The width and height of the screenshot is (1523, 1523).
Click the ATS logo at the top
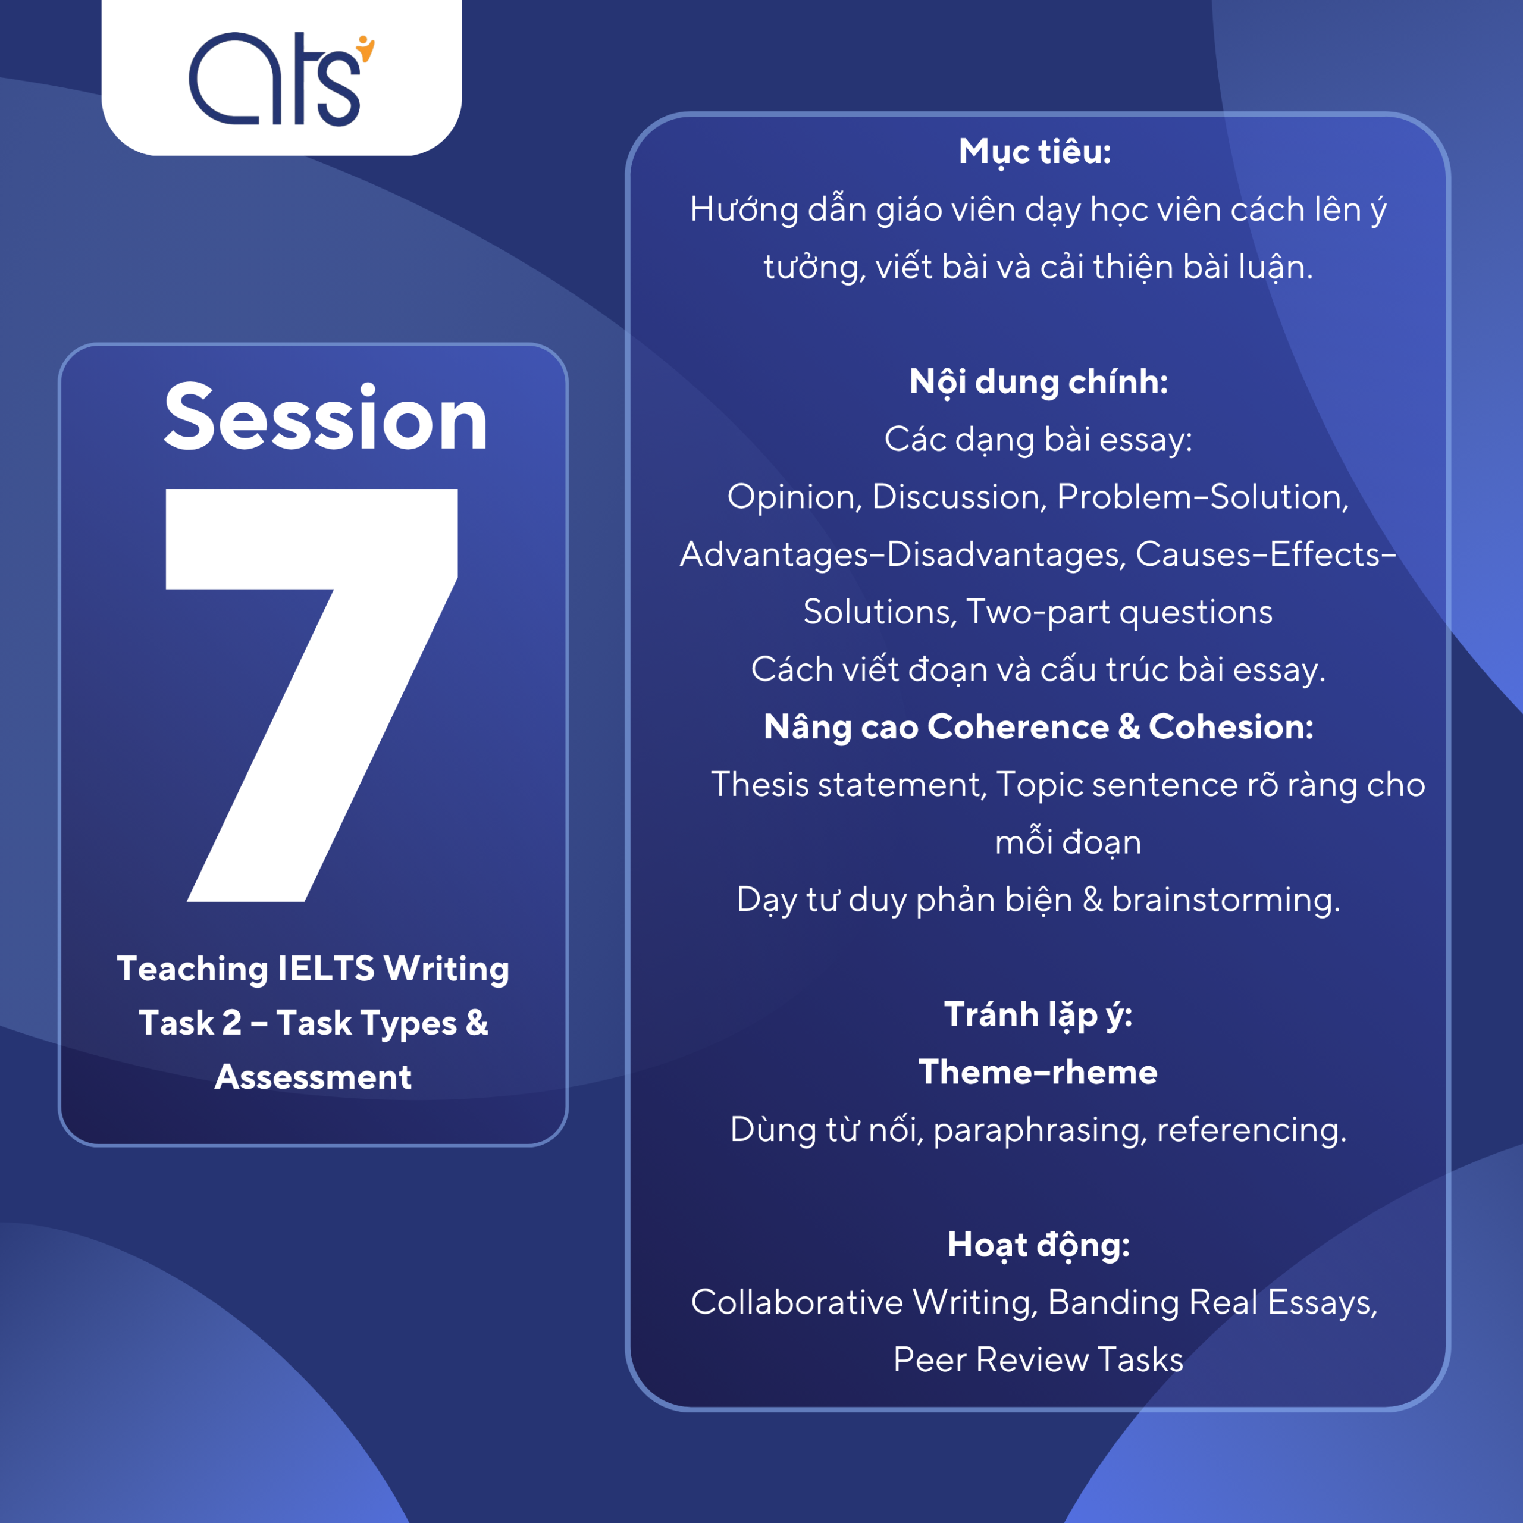tap(281, 79)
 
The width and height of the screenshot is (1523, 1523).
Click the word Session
tap(325, 417)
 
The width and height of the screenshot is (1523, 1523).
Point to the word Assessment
tap(313, 1077)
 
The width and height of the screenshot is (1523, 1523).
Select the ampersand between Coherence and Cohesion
tap(1129, 727)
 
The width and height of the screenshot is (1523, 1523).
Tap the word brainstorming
tap(1226, 900)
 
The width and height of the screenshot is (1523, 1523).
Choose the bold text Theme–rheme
tap(1038, 1072)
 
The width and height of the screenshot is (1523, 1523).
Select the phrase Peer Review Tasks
tap(1038, 1360)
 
